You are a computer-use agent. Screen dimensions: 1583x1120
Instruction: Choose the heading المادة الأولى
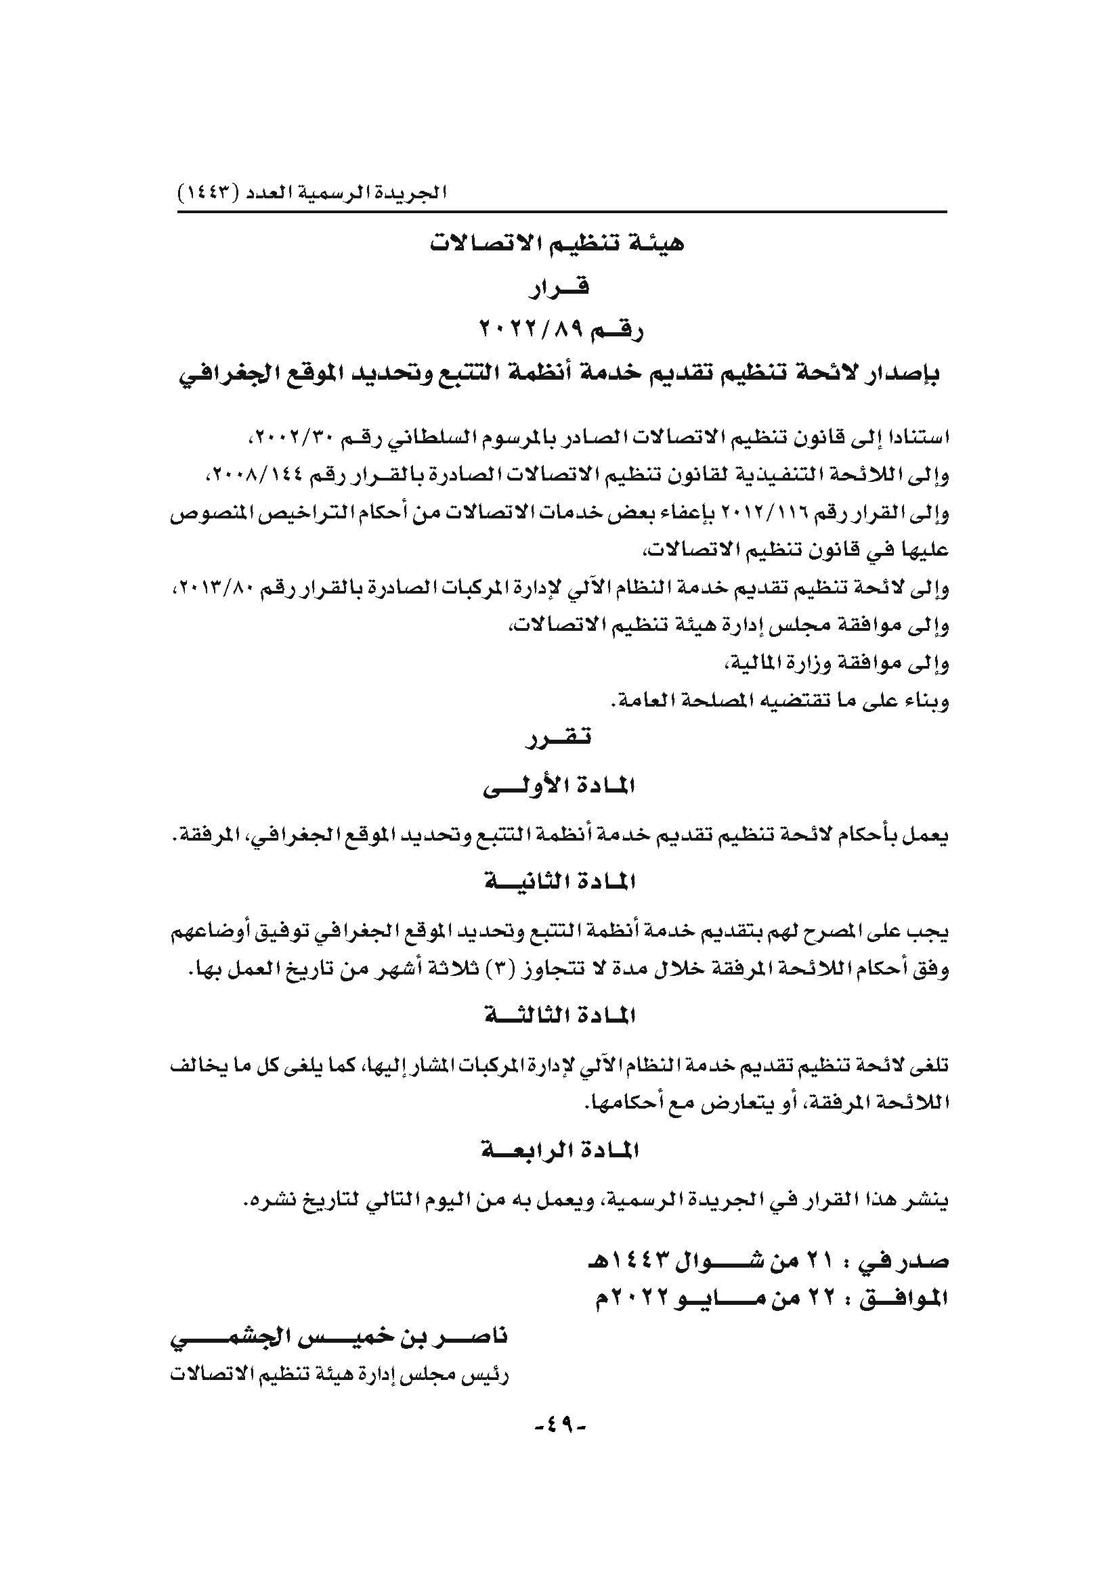559,786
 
